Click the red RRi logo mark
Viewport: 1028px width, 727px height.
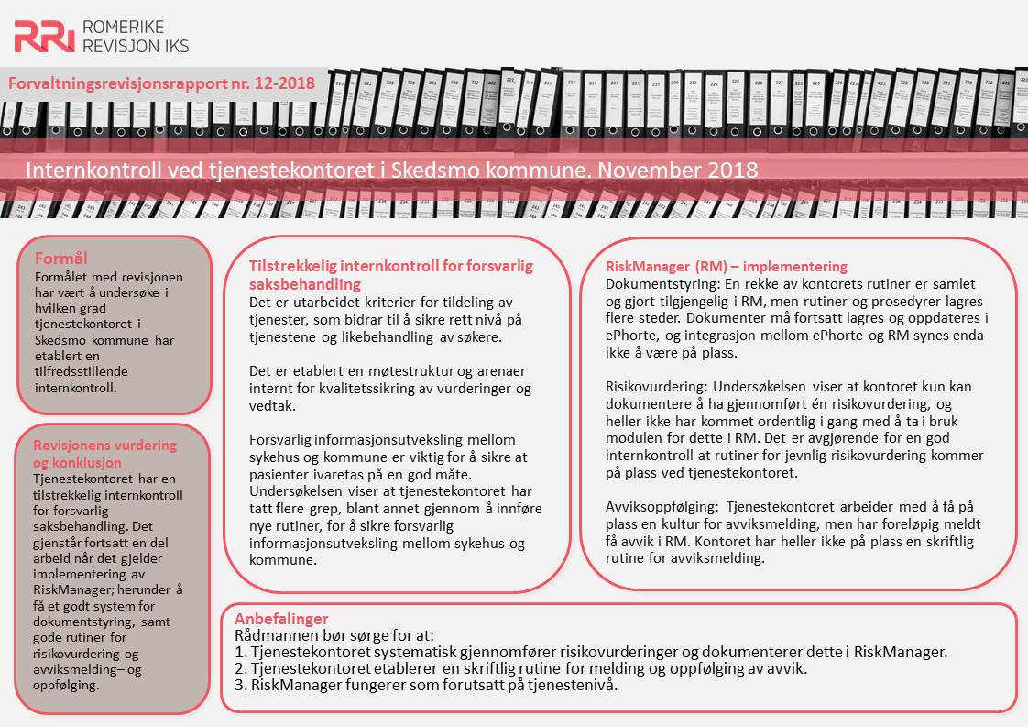[x=45, y=37]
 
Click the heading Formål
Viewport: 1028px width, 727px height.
[x=60, y=259]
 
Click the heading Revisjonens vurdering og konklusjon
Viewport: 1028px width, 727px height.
[x=104, y=453]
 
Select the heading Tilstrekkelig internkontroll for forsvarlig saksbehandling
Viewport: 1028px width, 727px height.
[x=390, y=275]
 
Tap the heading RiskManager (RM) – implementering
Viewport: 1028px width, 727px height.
[x=727, y=267]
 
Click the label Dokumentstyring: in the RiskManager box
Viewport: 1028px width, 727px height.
[x=656, y=284]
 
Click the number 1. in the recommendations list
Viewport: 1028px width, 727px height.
[x=241, y=652]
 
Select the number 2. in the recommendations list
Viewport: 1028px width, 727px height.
[x=241, y=668]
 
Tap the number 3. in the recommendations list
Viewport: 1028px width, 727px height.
[x=241, y=685]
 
